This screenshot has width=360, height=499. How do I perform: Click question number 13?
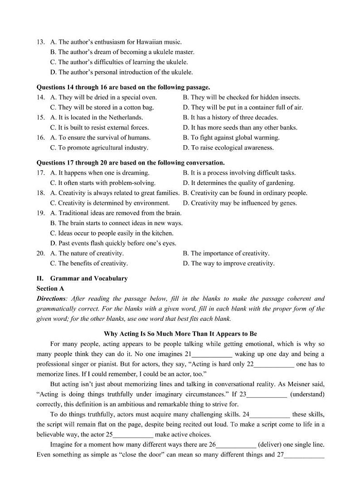tap(40, 42)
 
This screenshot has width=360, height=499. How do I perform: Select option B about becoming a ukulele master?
tap(122, 52)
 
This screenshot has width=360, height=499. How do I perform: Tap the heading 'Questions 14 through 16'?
tap(123, 87)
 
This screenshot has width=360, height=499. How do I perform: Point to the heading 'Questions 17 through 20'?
tap(130, 162)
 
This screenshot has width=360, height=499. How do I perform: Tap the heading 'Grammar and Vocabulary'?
tap(89, 279)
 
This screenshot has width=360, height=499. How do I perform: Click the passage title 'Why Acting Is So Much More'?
tap(180, 334)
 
